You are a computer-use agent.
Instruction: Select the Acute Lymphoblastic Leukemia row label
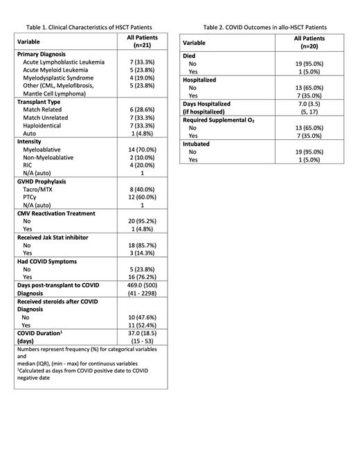pos(64,62)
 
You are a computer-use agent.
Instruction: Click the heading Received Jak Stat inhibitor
pos(60,237)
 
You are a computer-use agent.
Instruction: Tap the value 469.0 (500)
pos(138,285)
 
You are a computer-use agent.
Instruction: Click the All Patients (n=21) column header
pos(138,41)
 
